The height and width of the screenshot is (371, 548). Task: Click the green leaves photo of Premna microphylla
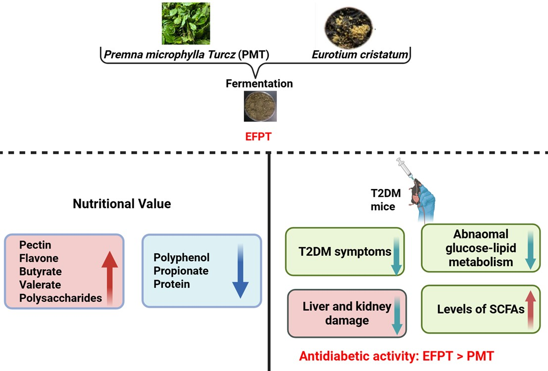click(186, 23)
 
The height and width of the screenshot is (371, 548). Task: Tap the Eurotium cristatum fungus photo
click(349, 28)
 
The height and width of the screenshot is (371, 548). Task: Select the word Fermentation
click(259, 84)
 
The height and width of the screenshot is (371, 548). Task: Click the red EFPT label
click(258, 136)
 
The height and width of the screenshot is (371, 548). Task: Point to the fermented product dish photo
click(260, 106)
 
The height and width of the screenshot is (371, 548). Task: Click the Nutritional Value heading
click(122, 204)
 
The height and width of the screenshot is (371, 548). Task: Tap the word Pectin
click(35, 244)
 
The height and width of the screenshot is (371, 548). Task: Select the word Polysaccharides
click(61, 298)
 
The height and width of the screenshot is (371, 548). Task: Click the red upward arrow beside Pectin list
click(110, 278)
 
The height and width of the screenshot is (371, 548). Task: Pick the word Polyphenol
click(181, 257)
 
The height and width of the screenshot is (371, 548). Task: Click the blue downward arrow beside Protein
click(241, 271)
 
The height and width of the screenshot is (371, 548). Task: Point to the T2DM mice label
click(386, 200)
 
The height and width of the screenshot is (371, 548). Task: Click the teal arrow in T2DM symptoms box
click(397, 256)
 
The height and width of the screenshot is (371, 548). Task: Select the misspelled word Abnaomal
click(481, 233)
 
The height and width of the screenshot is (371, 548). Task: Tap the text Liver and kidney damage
click(347, 313)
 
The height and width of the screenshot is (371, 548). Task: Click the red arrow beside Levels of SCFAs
click(531, 310)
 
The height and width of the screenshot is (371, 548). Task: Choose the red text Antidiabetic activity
click(359, 356)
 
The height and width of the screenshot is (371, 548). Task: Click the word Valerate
click(40, 284)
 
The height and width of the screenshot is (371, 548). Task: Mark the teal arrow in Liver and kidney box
click(397, 316)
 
